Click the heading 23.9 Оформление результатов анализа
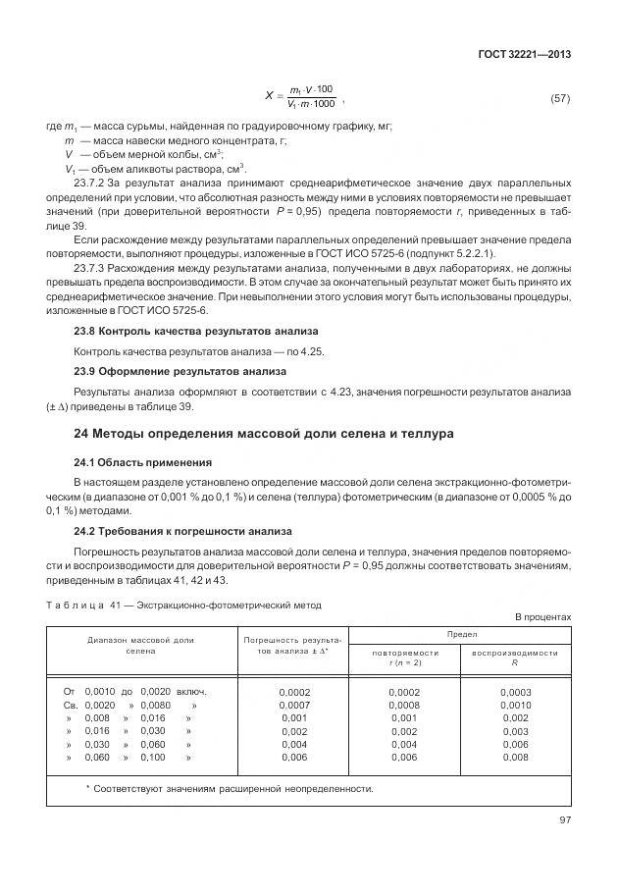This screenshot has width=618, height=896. (x=180, y=371)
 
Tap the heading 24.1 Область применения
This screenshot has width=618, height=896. (x=142, y=461)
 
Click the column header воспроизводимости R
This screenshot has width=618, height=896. (x=514, y=657)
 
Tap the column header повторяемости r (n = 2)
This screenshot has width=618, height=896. (x=404, y=657)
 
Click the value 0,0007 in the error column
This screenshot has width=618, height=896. (x=293, y=705)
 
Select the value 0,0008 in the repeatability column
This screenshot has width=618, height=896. (x=404, y=705)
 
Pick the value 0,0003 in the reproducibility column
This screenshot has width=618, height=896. (x=515, y=692)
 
